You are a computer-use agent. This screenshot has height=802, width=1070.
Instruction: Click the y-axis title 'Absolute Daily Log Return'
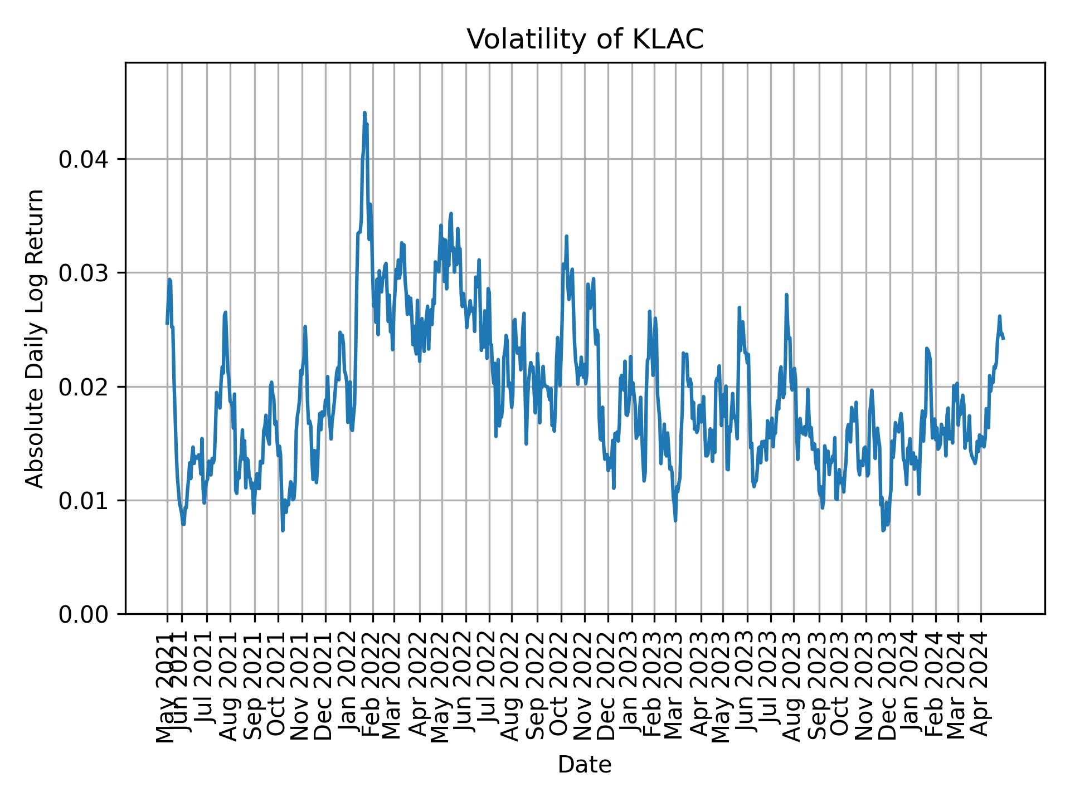[x=36, y=338]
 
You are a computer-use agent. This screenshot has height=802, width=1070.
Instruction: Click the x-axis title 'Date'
[x=585, y=765]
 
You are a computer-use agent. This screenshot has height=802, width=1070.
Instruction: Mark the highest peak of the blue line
[x=364, y=113]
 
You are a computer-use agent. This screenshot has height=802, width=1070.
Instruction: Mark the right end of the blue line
[x=1004, y=338]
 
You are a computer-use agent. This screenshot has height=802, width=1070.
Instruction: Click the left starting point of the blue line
[x=167, y=324]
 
